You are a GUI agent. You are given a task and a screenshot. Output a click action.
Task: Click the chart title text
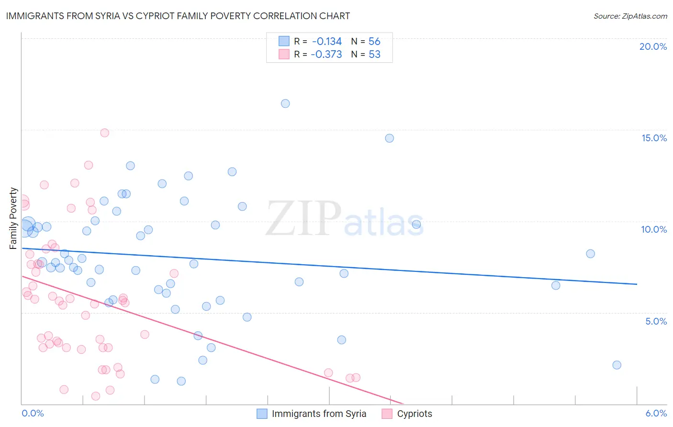tap(178, 16)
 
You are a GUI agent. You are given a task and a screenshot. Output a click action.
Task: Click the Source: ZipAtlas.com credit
tap(630, 16)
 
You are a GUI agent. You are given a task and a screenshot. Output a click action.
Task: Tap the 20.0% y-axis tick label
tap(653, 46)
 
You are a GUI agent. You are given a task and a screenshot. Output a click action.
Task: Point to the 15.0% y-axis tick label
tap(654, 138)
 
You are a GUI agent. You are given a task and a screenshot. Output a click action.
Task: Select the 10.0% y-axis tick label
tap(654, 229)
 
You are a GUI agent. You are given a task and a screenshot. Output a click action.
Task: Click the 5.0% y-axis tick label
tap(656, 321)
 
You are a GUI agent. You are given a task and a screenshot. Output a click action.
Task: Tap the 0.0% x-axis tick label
tap(33, 414)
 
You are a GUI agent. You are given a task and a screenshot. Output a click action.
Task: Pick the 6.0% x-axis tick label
tap(656, 414)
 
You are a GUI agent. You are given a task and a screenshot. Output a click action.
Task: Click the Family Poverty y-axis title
tap(13, 218)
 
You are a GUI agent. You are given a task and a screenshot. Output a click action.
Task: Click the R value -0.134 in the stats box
tap(326, 42)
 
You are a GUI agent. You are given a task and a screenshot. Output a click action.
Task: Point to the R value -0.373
tap(326, 55)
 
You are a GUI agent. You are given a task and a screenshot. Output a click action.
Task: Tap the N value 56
tap(374, 42)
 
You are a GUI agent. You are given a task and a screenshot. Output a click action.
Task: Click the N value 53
tap(374, 55)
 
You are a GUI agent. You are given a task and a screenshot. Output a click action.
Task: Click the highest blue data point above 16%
tap(285, 103)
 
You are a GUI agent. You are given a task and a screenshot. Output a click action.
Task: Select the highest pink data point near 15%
tap(105, 133)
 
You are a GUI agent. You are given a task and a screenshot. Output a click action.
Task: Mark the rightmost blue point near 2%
tap(617, 365)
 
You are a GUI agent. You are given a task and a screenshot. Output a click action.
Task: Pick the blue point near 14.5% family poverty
tap(390, 138)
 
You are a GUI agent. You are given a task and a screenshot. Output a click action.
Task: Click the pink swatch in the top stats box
tap(284, 54)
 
